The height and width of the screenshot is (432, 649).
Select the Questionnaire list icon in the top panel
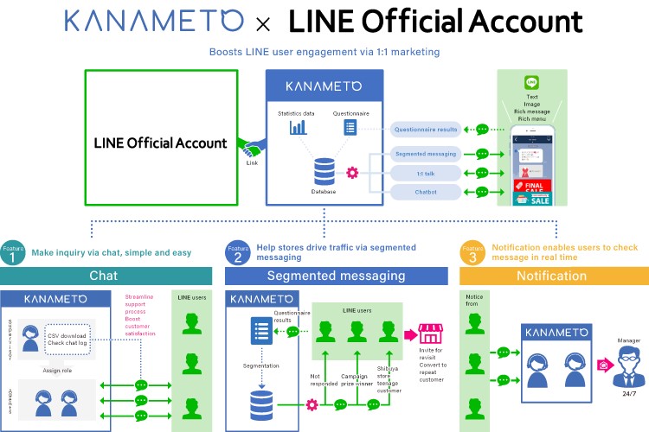350,127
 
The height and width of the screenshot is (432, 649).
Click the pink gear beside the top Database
351,172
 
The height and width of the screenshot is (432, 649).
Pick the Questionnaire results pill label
425,130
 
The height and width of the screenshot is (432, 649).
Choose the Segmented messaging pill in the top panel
425,154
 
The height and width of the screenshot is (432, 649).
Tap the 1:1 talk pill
425,172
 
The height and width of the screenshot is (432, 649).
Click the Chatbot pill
425,191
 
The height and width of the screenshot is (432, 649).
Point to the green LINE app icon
532,83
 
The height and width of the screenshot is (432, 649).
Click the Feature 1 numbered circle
12,254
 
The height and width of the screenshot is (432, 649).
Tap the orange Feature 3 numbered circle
472,254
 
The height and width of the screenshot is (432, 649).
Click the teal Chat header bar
106,276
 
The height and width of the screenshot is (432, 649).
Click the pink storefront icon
429,334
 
